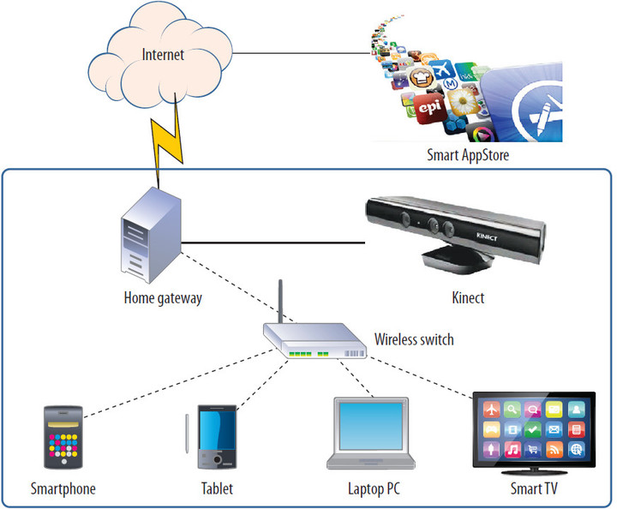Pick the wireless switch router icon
point(314,343)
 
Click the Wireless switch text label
point(414,339)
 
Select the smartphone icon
point(63,438)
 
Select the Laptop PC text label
point(374,489)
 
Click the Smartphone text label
point(63,489)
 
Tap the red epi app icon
point(429,108)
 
